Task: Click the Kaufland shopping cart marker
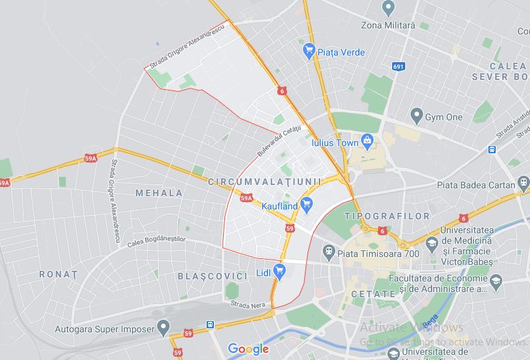tap(306, 205)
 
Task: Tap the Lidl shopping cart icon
tap(279, 270)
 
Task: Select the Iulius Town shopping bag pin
tap(368, 141)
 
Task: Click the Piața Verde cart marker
tap(308, 50)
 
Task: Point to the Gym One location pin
tap(416, 116)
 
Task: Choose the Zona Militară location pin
tap(388, 8)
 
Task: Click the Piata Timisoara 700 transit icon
tap(328, 252)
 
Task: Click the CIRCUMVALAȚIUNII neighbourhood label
tap(264, 181)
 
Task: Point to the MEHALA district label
tap(159, 193)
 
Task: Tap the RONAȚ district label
tap(58, 273)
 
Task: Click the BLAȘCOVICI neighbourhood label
tap(211, 275)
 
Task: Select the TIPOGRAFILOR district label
tap(387, 216)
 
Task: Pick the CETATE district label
tap(374, 293)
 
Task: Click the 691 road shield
tap(398, 66)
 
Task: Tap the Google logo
tap(248, 349)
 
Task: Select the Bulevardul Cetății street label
tap(279, 141)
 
